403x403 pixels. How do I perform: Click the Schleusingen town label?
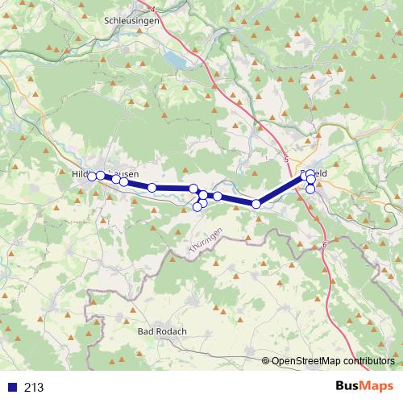point(132,21)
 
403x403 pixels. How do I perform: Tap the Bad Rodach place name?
point(163,331)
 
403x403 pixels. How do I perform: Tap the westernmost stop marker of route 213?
point(92,176)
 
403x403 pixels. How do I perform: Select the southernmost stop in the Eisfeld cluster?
point(311,189)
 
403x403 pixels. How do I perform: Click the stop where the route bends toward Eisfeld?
point(256,204)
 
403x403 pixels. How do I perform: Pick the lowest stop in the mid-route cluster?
point(197,207)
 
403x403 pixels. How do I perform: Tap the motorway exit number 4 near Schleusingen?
point(152,7)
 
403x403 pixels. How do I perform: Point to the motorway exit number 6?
point(325,244)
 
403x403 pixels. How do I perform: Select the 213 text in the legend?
point(34,388)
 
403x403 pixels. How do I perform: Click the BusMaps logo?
point(364,387)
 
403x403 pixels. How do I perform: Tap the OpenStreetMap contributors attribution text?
point(333,360)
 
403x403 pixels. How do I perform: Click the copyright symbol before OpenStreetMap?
point(266,360)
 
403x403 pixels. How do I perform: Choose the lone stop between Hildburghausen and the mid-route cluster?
point(152,188)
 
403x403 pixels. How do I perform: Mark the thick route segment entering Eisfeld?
point(282,190)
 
